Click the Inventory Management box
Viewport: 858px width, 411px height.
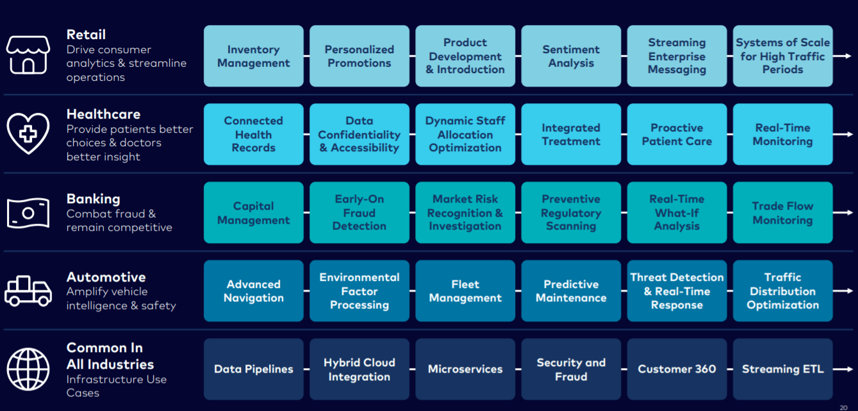tap(253, 56)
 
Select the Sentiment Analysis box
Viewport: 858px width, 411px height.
tap(571, 56)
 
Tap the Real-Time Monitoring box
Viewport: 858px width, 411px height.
tap(782, 135)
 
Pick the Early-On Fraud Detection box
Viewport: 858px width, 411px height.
tap(359, 212)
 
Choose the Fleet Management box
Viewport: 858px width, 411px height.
tap(465, 290)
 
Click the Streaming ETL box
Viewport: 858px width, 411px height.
tap(782, 369)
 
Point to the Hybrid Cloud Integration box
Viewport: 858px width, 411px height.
tap(359, 369)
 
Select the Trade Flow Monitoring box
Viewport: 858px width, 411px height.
tap(782, 212)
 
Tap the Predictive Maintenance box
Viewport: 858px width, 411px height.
tap(571, 290)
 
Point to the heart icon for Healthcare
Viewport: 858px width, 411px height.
tap(28, 133)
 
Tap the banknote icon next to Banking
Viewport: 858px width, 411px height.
tap(28, 212)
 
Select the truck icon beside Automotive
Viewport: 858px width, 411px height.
tap(28, 290)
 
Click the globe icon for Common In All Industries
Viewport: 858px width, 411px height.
tap(28, 369)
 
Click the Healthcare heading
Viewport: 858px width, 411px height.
tap(103, 114)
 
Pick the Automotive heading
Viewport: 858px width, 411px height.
tap(106, 277)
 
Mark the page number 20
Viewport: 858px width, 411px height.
tap(843, 407)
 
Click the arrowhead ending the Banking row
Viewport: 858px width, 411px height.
tap(850, 212)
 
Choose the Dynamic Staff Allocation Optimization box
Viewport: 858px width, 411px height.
tap(465, 135)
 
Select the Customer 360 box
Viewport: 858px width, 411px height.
tap(677, 369)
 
